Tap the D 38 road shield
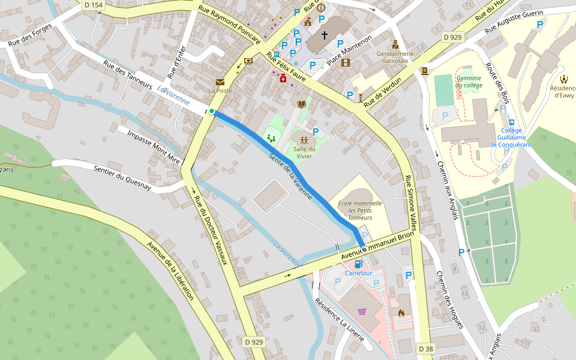(x=425, y=349)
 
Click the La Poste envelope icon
(x=220, y=82)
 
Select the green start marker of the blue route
(x=212, y=111)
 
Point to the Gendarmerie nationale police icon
(x=395, y=44)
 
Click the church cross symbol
(x=325, y=35)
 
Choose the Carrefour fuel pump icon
(x=358, y=263)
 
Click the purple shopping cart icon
(x=362, y=311)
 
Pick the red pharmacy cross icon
(x=283, y=78)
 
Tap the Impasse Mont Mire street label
(x=154, y=146)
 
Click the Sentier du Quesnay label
(x=122, y=178)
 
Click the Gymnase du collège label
(x=469, y=82)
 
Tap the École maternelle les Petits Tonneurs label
(x=360, y=211)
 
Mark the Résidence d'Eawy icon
(x=564, y=79)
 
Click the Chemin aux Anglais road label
(x=447, y=190)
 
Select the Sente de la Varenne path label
(x=290, y=176)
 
